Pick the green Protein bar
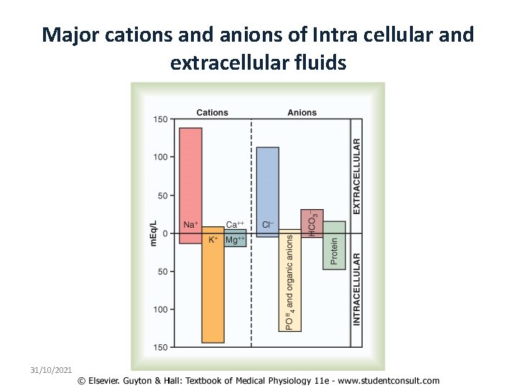coord(334,244)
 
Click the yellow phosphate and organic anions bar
coord(289,281)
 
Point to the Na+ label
coord(191,225)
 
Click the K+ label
coord(213,240)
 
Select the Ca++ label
coord(236,225)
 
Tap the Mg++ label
coord(236,240)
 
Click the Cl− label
coord(268,225)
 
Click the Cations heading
coord(212,113)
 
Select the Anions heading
coord(302,113)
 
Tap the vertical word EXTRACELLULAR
coord(357,176)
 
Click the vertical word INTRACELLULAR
coord(357,289)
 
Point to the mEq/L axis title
coord(154,233)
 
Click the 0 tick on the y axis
coord(164,234)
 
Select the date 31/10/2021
coord(51,369)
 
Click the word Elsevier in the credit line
coord(109,380)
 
